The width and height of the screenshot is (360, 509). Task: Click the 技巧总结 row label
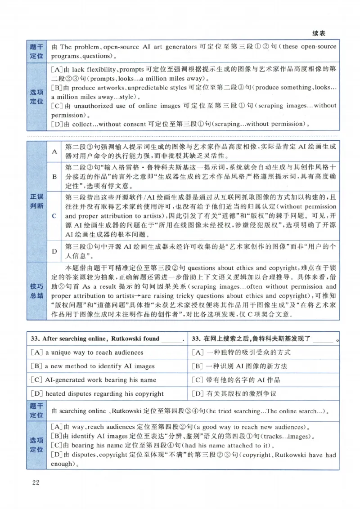(37, 290)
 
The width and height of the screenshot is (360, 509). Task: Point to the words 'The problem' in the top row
(76, 47)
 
